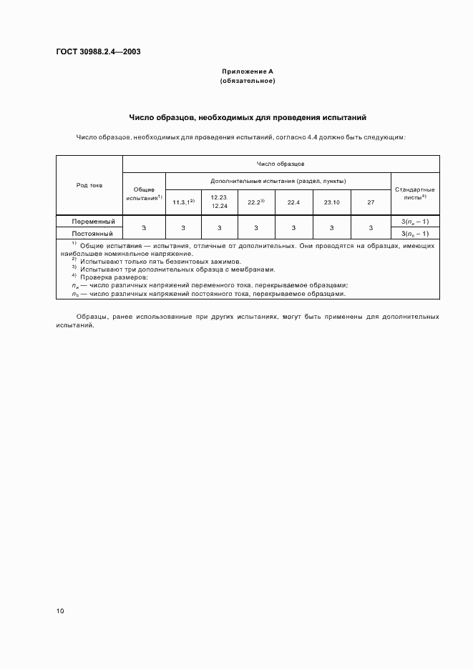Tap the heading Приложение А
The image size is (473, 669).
pyautogui.click(x=247, y=72)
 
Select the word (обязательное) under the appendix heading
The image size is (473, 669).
pyautogui.click(x=247, y=81)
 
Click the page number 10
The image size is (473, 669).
pyautogui.click(x=60, y=611)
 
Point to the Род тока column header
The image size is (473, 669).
pyautogui.click(x=89, y=185)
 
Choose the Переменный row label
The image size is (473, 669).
pyautogui.click(x=93, y=222)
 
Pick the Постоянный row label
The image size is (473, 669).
pyautogui.click(x=92, y=233)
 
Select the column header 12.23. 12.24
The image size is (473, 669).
pyautogui.click(x=219, y=201)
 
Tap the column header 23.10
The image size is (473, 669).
pyautogui.click(x=331, y=202)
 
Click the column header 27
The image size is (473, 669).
pyautogui.click(x=371, y=202)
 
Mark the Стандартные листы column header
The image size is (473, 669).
pyautogui.click(x=415, y=193)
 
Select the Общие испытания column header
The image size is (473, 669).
pyautogui.click(x=144, y=194)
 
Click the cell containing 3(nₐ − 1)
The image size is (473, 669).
pyautogui.click(x=415, y=222)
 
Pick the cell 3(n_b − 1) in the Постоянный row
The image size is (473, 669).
pyautogui.click(x=415, y=233)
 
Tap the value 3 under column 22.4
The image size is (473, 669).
pyautogui.click(x=293, y=227)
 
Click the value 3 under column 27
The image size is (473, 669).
pyautogui.click(x=371, y=227)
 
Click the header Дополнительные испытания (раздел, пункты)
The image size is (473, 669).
pyautogui.click(x=278, y=181)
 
